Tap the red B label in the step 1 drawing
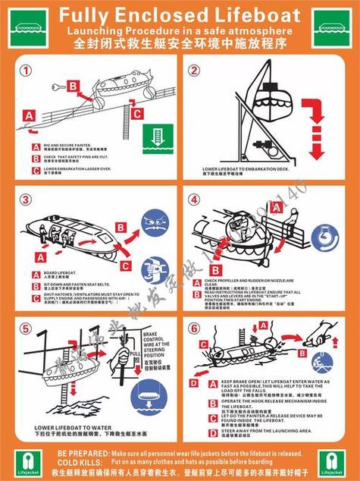(73, 86)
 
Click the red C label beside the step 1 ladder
(136, 114)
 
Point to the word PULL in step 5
(133, 354)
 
